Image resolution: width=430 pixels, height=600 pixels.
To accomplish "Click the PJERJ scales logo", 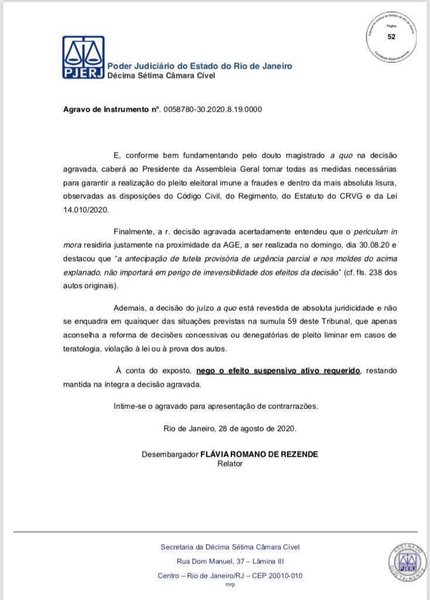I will (x=83, y=57).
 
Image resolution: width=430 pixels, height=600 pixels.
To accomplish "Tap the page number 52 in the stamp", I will (x=391, y=36).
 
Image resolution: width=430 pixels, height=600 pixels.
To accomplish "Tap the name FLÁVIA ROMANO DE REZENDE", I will (x=260, y=454).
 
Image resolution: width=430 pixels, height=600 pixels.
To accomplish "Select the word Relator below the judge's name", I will (x=230, y=463).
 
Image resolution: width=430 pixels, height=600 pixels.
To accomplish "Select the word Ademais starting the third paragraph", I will (x=132, y=308).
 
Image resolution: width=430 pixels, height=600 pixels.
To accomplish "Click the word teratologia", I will (x=86, y=348).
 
